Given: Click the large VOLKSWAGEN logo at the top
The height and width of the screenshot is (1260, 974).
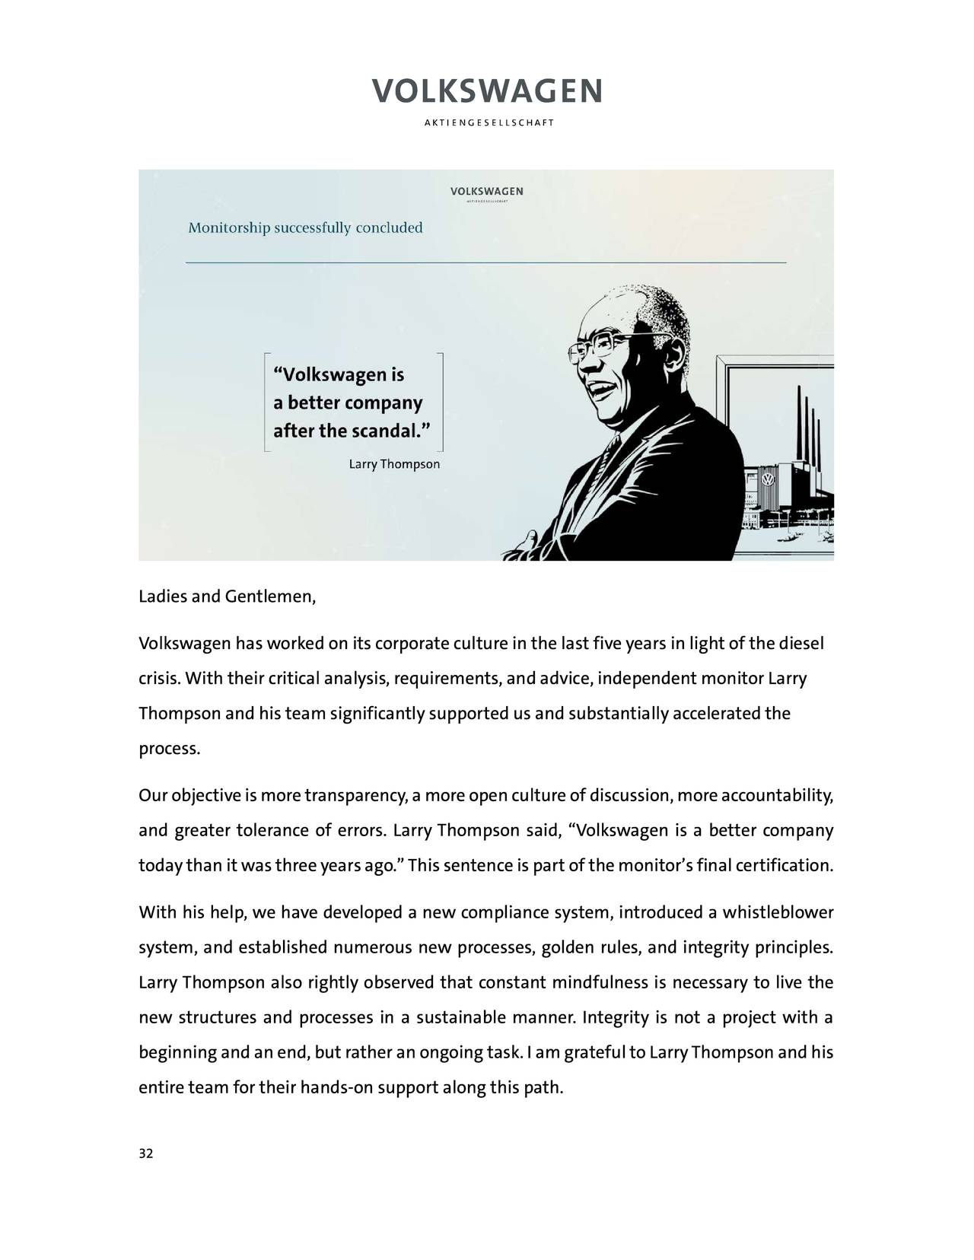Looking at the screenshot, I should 487,91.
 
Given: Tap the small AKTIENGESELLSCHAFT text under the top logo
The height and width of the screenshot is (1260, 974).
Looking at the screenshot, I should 487,123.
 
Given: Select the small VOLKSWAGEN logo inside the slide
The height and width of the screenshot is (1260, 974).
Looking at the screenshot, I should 486,190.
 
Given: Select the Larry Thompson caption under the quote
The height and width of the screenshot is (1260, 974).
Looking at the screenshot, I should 393,463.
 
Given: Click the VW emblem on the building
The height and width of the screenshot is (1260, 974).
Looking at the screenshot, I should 768,482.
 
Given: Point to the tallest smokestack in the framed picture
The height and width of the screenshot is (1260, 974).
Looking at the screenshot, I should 799,426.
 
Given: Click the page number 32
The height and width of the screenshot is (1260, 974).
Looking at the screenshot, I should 145,1154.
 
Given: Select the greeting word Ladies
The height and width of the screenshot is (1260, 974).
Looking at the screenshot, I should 162,596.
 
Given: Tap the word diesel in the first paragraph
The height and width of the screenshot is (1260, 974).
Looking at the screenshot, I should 801,644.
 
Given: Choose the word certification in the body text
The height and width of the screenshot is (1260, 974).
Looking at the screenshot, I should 784,866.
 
